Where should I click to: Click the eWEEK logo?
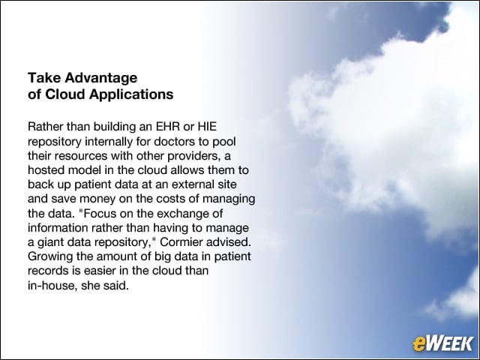[443, 343]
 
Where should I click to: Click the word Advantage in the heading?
[100, 79]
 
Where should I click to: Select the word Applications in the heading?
[131, 94]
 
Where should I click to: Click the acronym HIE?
[207, 127]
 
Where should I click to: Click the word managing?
[229, 199]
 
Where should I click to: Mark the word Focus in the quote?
[97, 213]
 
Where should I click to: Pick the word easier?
[100, 271]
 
